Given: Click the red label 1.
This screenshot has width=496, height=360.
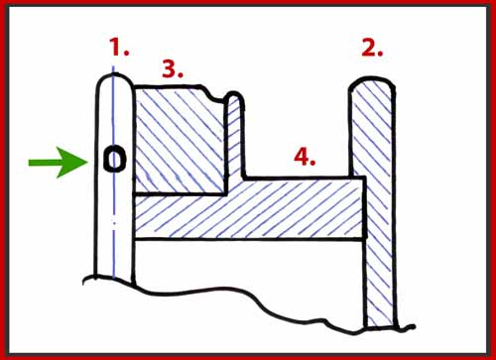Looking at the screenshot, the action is [119, 47].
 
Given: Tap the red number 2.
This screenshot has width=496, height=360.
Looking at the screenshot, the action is [372, 49].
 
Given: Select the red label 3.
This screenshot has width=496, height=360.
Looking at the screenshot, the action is [173, 69].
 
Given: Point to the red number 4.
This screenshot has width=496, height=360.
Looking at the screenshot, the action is [305, 157].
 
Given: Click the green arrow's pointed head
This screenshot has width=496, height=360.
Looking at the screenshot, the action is [87, 163].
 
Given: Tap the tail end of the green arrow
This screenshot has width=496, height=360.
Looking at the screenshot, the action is [29, 163].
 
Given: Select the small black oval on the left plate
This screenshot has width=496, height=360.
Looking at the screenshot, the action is [114, 160].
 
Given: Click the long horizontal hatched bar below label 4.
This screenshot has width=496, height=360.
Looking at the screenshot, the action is [250, 208].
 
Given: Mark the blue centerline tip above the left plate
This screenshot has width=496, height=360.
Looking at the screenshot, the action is [113, 66].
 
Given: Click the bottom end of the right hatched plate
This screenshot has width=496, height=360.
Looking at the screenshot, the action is [381, 326].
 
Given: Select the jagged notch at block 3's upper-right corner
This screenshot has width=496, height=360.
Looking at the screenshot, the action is [211, 93].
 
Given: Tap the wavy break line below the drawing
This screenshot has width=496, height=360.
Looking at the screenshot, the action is [248, 298].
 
